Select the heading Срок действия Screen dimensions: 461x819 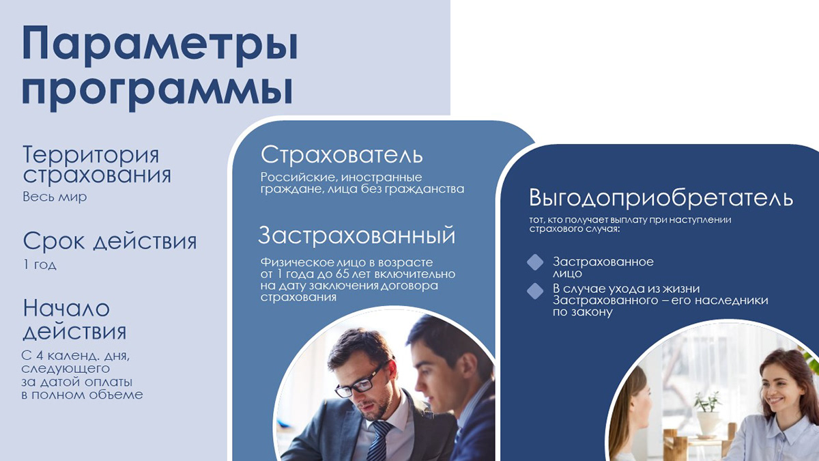[x=109, y=241]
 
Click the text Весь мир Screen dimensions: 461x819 [x=55, y=197]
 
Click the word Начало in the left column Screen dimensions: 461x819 [x=66, y=308]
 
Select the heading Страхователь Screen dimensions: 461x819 [x=342, y=154]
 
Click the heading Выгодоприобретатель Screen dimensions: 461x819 [x=661, y=198]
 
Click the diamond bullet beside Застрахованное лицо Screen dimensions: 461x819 [x=536, y=262]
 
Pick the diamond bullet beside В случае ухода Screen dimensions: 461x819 [x=536, y=290]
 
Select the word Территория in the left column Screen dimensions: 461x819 [x=91, y=154]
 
